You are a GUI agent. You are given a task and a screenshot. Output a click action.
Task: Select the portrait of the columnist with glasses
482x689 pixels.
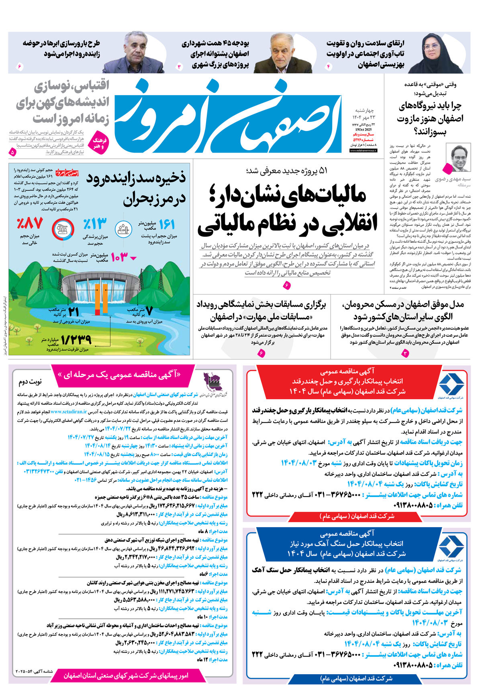[x=458, y=158]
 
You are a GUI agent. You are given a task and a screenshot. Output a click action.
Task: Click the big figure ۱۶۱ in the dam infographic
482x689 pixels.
[x=166, y=225]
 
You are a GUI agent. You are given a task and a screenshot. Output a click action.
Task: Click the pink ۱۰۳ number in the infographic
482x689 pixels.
[x=119, y=257]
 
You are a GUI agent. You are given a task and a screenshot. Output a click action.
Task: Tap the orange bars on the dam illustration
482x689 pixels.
[x=101, y=300]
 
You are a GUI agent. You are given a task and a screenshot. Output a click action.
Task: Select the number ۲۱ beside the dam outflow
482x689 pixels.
[x=74, y=311]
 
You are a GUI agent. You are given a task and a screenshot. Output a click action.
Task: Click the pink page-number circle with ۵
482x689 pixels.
[x=12, y=153]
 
